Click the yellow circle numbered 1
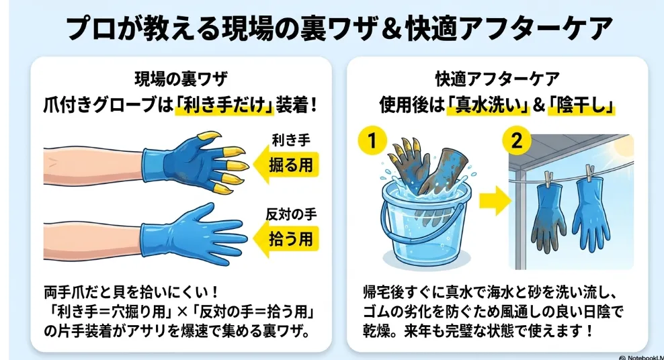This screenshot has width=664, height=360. click(x=372, y=140)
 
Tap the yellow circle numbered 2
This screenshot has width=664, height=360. click(x=517, y=140)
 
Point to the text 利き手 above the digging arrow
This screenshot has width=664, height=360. click(x=292, y=140)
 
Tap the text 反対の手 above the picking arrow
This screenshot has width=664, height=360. click(x=292, y=214)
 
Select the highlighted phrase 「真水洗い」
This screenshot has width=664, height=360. click(x=489, y=105)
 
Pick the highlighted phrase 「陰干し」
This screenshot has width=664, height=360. click(x=581, y=105)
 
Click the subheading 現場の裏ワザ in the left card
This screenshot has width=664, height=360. click(x=181, y=79)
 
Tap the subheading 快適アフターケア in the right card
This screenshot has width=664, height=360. click(x=497, y=79)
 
